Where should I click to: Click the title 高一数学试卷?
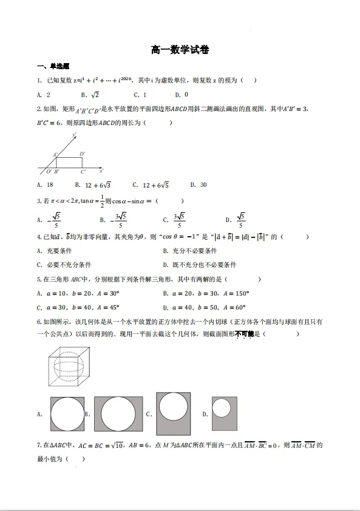(x=180, y=50)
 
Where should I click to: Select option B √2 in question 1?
(x=90, y=95)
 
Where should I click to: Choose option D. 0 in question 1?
(x=182, y=95)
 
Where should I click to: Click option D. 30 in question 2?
(x=199, y=184)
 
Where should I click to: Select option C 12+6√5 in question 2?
(x=151, y=184)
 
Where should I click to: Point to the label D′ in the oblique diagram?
(x=82, y=154)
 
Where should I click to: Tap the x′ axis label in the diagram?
(x=101, y=171)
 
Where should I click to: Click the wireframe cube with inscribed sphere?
(x=66, y=367)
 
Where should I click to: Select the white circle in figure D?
(x=222, y=408)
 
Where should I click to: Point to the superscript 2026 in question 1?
(x=126, y=78)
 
